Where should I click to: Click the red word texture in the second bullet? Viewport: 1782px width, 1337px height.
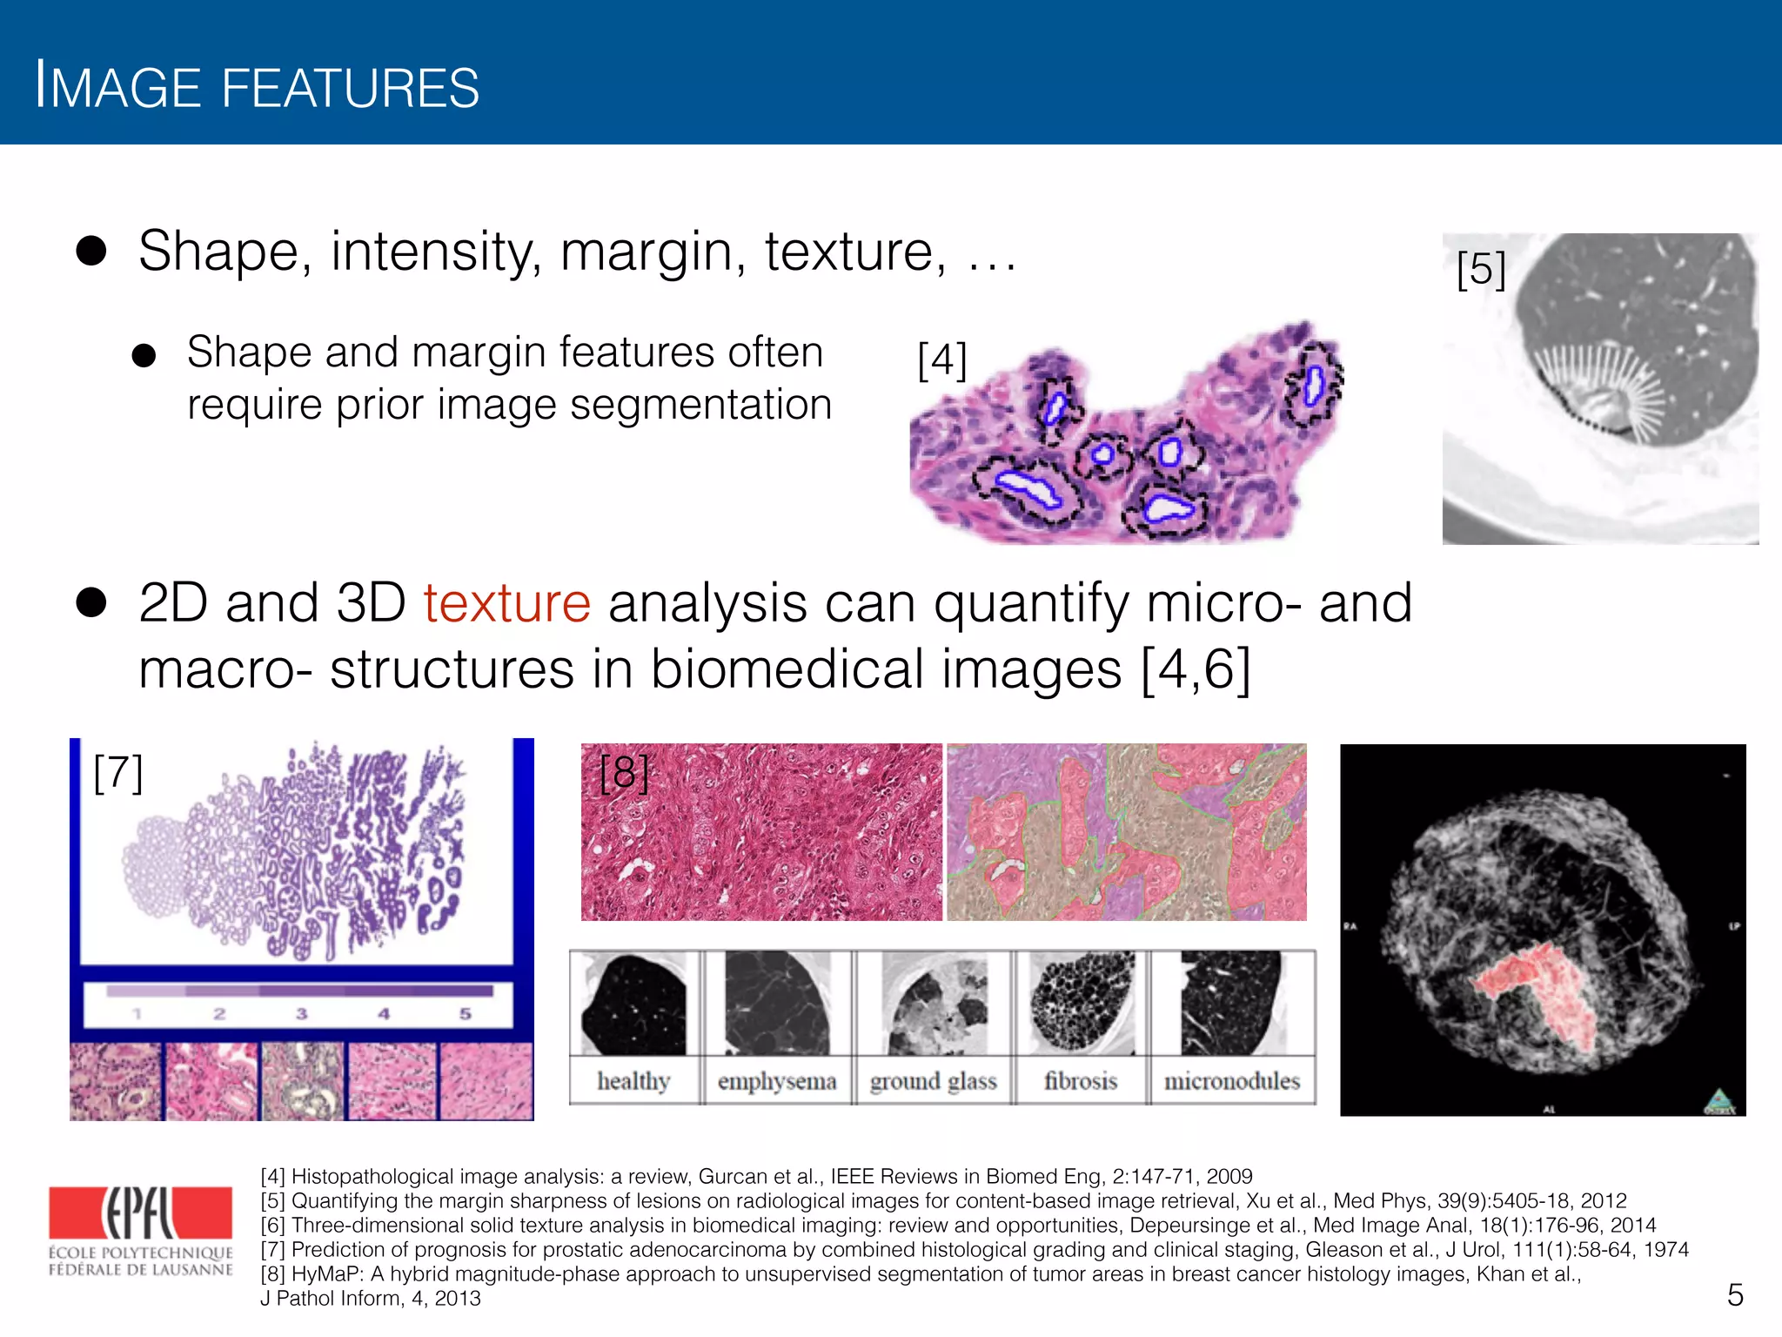506,603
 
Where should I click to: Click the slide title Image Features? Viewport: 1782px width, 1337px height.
257,88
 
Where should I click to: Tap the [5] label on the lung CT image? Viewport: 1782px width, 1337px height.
1480,270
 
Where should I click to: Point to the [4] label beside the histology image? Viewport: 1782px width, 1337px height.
942,360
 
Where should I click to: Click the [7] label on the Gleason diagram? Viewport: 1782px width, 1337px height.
117,773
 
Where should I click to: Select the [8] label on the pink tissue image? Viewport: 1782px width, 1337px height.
624,773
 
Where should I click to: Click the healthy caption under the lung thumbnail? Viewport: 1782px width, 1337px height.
633,1081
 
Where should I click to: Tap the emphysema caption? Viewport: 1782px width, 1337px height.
776,1081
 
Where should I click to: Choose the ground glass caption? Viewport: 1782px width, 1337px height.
933,1081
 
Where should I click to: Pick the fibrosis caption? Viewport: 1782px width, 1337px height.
1081,1081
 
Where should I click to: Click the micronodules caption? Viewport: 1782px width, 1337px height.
1232,1081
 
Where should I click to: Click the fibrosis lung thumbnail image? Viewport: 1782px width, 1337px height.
1082,1003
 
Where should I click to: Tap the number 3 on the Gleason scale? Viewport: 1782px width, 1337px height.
301,1014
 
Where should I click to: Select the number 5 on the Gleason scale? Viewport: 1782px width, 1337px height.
466,1014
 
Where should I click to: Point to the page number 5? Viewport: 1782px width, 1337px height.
1734,1295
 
